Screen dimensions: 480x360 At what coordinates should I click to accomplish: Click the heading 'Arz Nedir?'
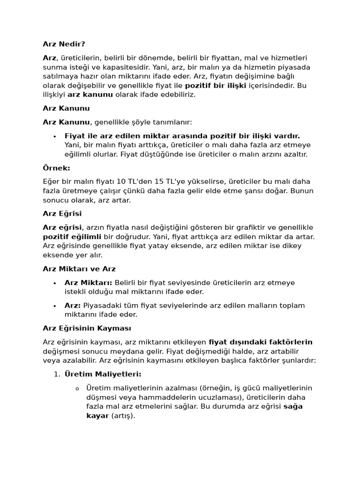[x=64, y=44]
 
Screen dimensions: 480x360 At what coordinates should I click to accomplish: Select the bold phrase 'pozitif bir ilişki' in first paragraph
[x=215, y=85]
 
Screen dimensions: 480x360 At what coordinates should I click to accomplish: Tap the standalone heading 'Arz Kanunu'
[x=66, y=108]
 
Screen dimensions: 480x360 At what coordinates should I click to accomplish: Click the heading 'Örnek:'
[x=56, y=168]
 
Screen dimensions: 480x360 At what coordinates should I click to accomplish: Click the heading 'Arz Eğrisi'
[x=62, y=214]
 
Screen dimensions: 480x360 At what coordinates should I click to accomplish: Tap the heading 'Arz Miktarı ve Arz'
[x=79, y=269]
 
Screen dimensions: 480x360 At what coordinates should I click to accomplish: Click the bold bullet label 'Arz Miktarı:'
[x=88, y=283]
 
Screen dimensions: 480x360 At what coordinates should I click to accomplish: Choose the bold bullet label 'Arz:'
[x=73, y=306]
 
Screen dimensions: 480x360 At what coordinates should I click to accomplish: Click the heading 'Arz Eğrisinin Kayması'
[x=87, y=328]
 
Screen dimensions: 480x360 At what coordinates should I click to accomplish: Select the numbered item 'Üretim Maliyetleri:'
[x=103, y=374]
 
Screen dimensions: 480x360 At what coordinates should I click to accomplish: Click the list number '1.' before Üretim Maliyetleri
[x=56, y=374]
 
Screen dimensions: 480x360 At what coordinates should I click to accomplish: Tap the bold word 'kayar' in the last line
[x=97, y=416]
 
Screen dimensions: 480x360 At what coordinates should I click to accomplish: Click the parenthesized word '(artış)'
[x=123, y=416]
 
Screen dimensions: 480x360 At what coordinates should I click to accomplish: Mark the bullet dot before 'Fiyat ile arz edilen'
[x=55, y=136]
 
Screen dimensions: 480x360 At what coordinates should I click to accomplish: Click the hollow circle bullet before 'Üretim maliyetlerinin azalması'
[x=77, y=389]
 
